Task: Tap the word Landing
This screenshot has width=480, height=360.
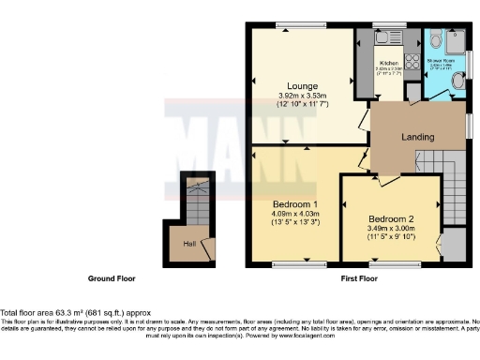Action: (x=417, y=138)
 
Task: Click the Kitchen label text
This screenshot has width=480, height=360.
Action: (x=389, y=63)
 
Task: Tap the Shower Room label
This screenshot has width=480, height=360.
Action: (x=441, y=58)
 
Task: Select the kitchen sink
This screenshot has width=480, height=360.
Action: (x=383, y=38)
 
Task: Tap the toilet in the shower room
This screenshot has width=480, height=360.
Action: (x=457, y=82)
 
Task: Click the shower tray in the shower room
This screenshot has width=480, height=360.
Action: (x=456, y=42)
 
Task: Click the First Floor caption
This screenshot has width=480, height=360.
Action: (x=357, y=279)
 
